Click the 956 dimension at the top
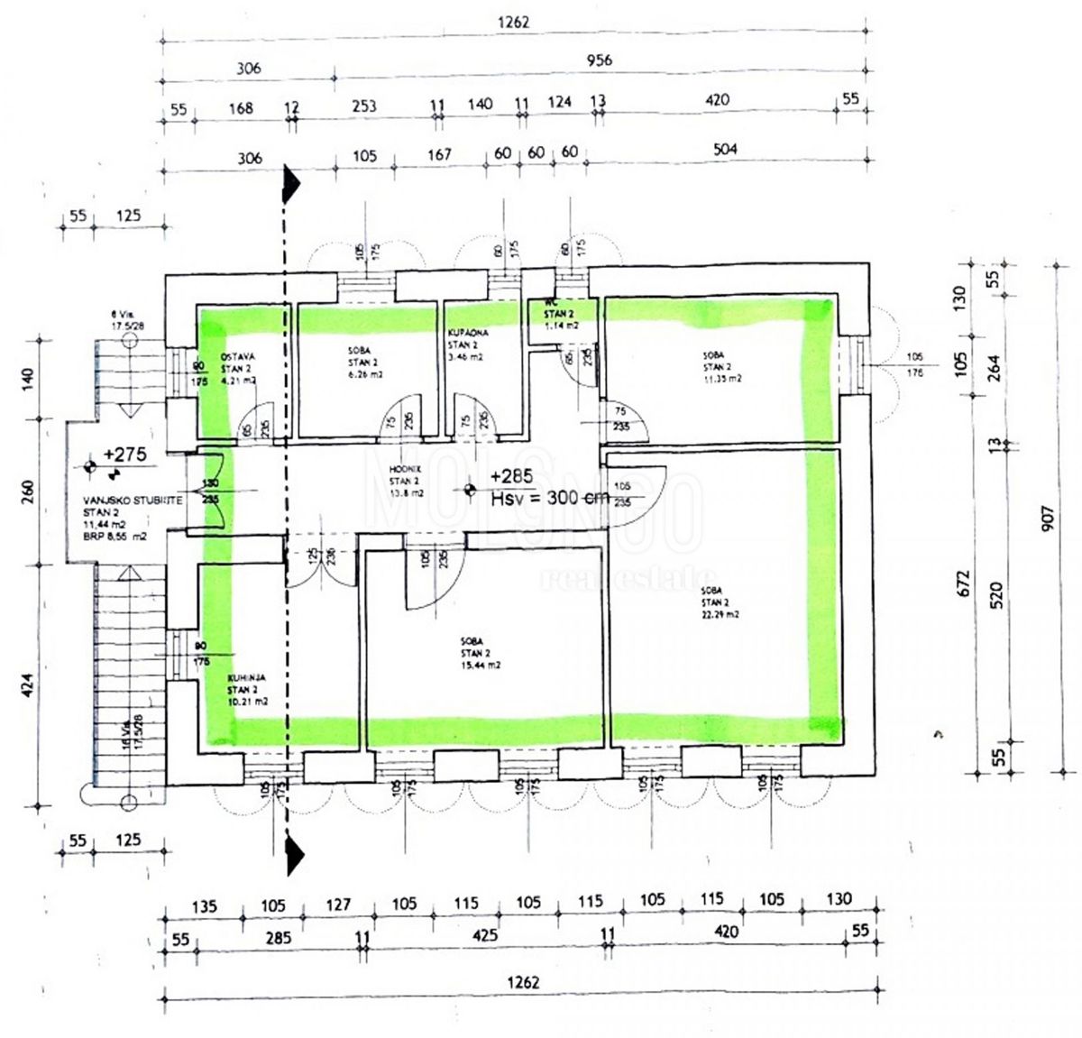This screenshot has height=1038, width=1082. pos(599,60)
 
